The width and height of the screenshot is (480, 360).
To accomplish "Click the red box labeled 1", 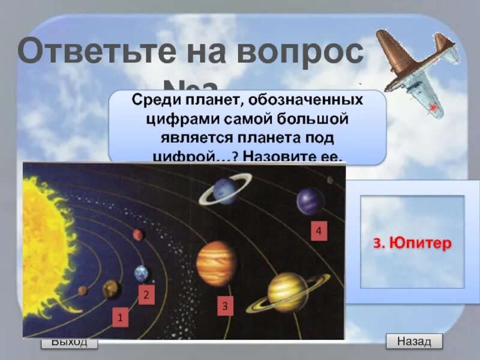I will [x=120, y=317].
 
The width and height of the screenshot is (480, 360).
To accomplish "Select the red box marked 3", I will [x=225, y=306].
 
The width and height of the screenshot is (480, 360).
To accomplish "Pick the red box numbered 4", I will [x=319, y=232].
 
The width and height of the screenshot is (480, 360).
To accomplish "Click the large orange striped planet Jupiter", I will [x=217, y=264].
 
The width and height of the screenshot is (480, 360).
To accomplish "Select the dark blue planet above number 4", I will [x=310, y=202].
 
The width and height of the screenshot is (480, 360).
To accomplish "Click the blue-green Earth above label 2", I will [x=142, y=274].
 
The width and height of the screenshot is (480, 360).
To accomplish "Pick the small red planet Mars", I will [x=139, y=235].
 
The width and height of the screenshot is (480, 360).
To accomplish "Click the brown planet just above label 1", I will [x=112, y=290].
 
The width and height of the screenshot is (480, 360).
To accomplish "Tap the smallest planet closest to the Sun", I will [x=83, y=291].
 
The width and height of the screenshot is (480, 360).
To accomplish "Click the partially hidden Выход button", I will [x=69, y=343].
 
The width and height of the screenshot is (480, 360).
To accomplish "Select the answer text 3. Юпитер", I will [x=412, y=244].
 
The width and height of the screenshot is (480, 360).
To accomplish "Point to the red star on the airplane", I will [x=431, y=107].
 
